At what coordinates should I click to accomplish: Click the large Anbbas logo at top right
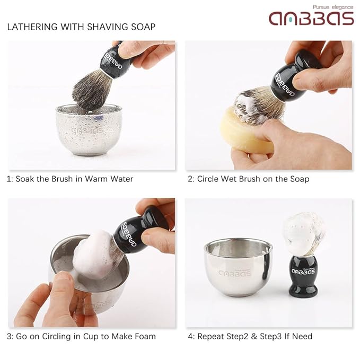point(311,19)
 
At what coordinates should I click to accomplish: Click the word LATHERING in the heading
point(31,27)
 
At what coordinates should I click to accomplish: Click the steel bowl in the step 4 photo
point(239,265)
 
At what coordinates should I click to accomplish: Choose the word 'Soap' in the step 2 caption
point(298,179)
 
